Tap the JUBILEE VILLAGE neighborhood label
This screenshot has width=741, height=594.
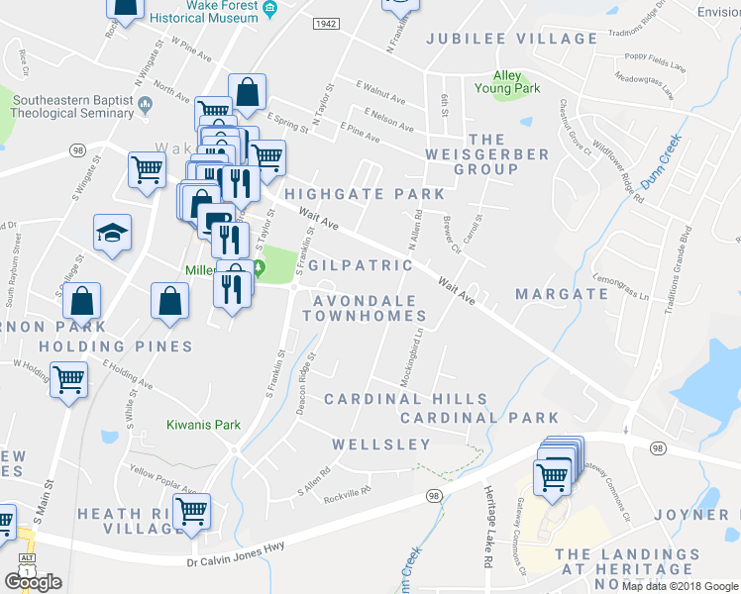(x=511, y=39)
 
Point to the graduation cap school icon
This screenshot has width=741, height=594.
(x=112, y=234)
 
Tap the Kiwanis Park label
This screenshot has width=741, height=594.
(x=202, y=425)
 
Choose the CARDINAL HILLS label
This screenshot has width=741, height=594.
(x=406, y=399)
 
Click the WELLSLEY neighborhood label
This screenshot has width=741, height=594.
(x=381, y=445)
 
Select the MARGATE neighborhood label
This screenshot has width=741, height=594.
(x=562, y=294)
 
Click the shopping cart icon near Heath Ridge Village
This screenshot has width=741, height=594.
(x=191, y=512)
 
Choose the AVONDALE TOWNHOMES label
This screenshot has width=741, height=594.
(x=364, y=307)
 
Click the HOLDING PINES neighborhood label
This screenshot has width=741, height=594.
(x=115, y=346)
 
